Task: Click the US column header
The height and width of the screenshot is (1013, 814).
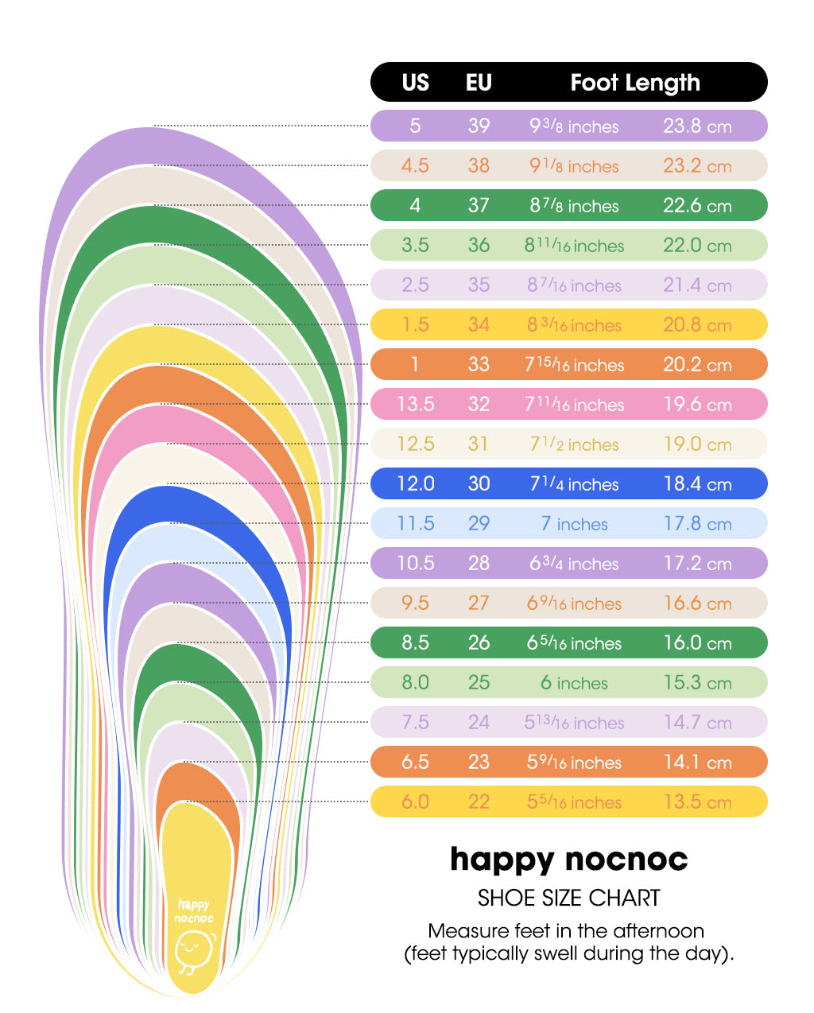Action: click(x=415, y=83)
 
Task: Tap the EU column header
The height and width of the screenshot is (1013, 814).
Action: click(x=479, y=83)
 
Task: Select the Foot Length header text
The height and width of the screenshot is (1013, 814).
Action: click(x=635, y=83)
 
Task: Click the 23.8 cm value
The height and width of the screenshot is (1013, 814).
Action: click(x=697, y=126)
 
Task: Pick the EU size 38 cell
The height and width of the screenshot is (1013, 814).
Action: click(x=479, y=165)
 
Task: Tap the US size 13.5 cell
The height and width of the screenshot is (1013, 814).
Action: click(x=415, y=404)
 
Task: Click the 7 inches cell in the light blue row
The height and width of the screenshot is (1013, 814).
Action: click(x=574, y=524)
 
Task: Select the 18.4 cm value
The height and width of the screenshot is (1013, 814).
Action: click(x=697, y=484)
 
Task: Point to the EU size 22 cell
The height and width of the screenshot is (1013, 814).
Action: click(x=479, y=801)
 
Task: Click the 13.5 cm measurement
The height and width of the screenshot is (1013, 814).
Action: click(x=697, y=801)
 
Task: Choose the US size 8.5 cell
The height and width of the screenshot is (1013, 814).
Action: click(x=415, y=642)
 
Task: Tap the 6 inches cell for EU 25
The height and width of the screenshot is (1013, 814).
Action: click(x=574, y=683)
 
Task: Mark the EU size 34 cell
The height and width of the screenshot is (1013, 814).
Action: click(x=479, y=324)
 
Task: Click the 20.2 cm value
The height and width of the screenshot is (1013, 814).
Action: click(x=697, y=365)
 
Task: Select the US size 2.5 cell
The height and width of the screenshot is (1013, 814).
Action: click(x=415, y=285)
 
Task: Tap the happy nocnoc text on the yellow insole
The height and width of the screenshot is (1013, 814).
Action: click(x=194, y=910)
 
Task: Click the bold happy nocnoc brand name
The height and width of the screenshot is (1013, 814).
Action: click(x=568, y=860)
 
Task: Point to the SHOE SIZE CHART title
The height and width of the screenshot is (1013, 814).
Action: click(x=568, y=898)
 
